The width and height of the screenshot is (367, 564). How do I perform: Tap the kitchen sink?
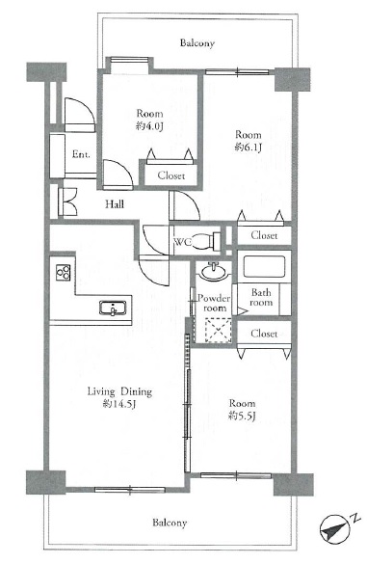[113, 308]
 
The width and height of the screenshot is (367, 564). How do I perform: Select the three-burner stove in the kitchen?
[64, 272]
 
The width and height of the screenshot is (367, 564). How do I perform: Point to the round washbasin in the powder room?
[214, 272]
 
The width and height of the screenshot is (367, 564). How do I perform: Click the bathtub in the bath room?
[264, 266]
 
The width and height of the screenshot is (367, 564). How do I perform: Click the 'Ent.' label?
[81, 154]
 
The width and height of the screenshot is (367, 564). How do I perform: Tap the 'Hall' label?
[115, 204]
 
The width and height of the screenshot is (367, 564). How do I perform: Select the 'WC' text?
[183, 241]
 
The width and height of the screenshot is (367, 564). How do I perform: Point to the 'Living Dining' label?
[119, 391]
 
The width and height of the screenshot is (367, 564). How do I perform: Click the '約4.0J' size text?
[149, 126]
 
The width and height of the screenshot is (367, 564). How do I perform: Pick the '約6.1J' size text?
[248, 148]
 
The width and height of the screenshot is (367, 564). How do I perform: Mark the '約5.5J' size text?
[243, 416]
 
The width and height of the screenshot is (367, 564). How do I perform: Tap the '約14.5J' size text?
[119, 404]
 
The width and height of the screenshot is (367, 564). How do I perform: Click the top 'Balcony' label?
[197, 43]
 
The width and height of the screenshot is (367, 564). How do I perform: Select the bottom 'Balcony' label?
[170, 523]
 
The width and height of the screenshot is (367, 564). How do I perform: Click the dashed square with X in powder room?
[219, 330]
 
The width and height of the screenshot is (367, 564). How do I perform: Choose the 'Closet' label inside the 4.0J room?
[171, 175]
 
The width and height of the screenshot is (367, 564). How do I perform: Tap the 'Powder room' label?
[214, 303]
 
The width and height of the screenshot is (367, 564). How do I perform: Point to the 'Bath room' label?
[261, 297]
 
